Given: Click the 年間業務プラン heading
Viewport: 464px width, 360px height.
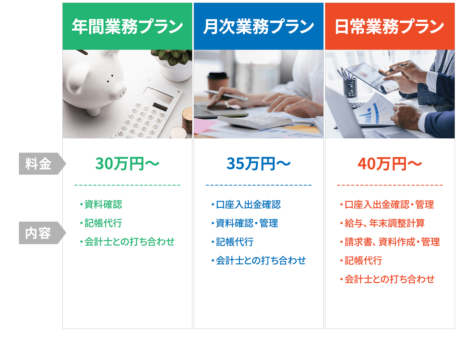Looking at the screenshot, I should point(127,26).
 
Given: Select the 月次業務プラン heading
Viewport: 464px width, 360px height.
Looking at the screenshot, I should point(258,26).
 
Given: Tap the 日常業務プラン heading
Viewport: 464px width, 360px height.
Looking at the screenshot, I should point(390,26).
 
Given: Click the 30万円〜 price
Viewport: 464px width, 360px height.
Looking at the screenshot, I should point(127,164).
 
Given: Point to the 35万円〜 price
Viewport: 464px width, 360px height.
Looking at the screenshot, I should point(258,164).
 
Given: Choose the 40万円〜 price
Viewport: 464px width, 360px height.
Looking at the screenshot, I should point(390,164).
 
